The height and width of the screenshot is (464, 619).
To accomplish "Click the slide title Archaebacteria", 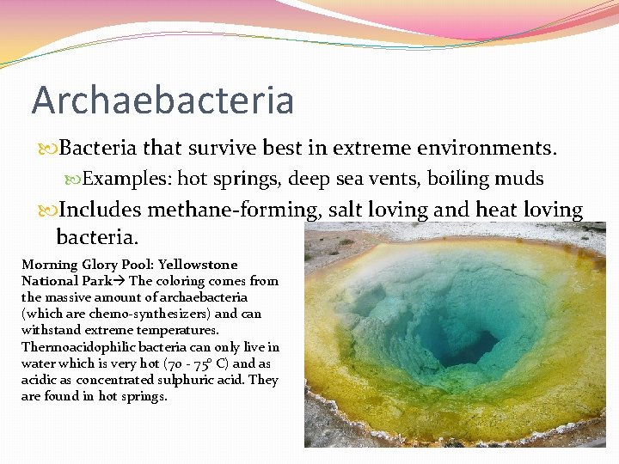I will click(x=162, y=100).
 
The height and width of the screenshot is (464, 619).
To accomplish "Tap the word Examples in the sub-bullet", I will click(x=126, y=179).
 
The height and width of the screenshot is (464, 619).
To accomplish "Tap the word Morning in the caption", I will click(x=49, y=265).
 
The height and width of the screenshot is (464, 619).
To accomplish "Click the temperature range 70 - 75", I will click(x=193, y=363).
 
